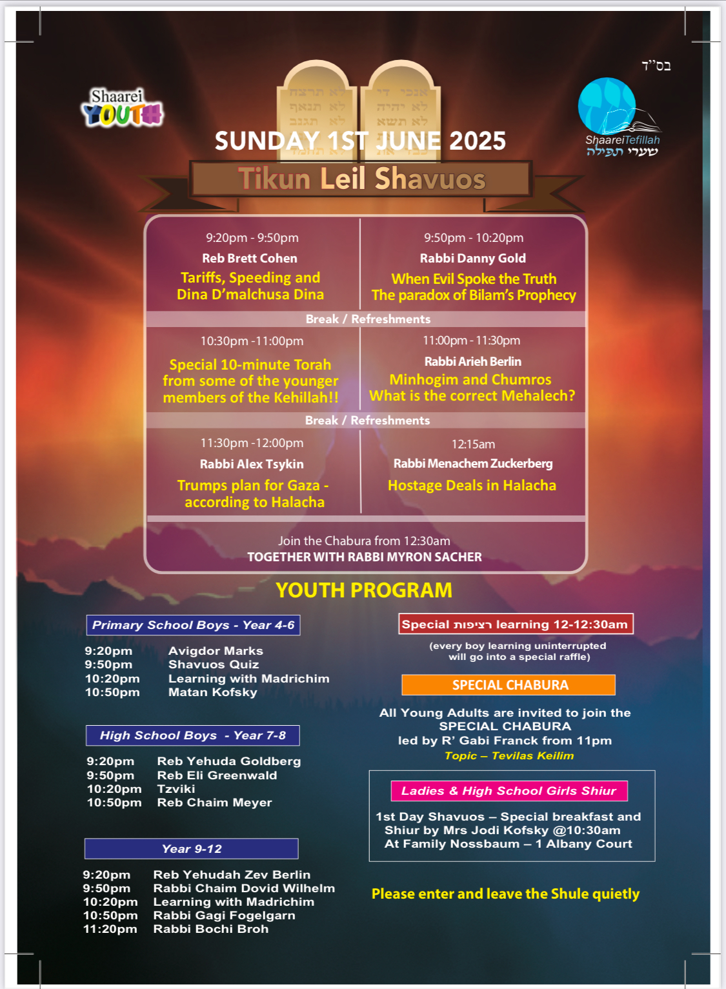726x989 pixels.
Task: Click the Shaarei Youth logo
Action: coord(122,108)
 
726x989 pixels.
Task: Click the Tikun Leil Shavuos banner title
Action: coord(361,179)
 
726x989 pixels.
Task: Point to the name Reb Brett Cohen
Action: coord(250,258)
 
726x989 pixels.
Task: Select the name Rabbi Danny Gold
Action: coord(473,258)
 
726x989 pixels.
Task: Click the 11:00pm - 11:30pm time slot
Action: coord(471,340)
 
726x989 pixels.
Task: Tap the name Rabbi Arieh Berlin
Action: coord(473,361)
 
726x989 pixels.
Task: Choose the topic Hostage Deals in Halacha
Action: coord(472,485)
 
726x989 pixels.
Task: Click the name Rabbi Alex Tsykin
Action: coord(252,464)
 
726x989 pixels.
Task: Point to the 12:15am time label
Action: coord(473,444)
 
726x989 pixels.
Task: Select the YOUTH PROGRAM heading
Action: coord(364,590)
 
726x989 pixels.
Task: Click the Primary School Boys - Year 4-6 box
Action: coord(193,624)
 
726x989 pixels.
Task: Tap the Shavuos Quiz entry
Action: coord(214,664)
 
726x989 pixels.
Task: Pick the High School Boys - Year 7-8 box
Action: coord(192,735)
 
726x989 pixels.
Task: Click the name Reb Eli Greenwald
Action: coord(217,775)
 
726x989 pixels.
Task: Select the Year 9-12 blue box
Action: coord(191,849)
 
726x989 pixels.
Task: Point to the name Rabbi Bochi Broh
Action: coord(210,929)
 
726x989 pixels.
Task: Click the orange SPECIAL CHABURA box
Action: coord(509,685)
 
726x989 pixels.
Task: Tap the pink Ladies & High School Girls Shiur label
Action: coord(509,791)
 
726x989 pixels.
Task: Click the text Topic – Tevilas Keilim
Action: coord(509,755)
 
